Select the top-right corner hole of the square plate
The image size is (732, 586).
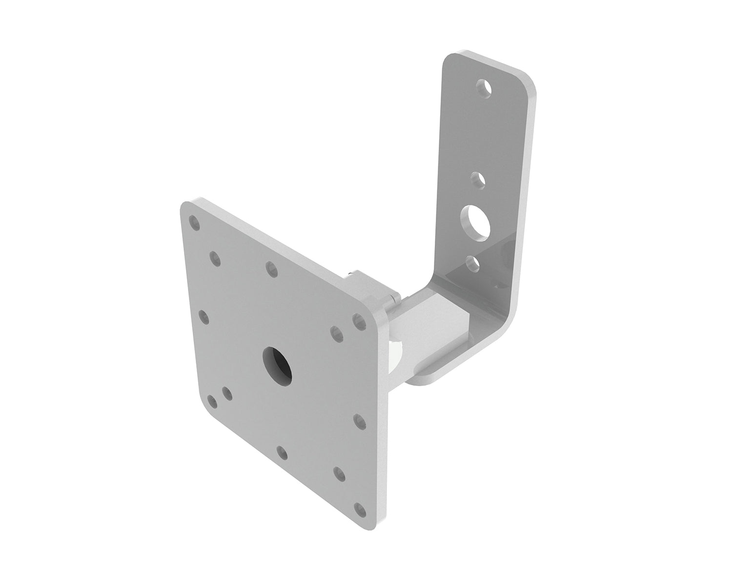360,321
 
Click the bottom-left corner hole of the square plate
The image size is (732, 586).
212,401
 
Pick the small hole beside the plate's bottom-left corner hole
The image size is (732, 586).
227,393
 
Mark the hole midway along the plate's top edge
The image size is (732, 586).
271,268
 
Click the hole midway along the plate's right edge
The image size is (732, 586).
359,420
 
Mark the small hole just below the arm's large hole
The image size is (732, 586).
472,263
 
